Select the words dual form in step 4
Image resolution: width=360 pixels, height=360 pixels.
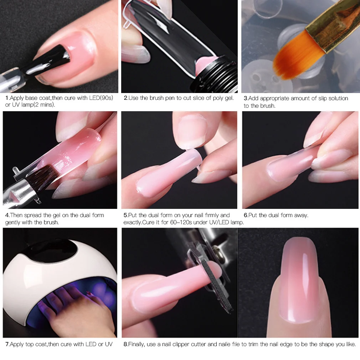pos(91,215)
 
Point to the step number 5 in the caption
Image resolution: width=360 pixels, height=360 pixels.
pos(125,215)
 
